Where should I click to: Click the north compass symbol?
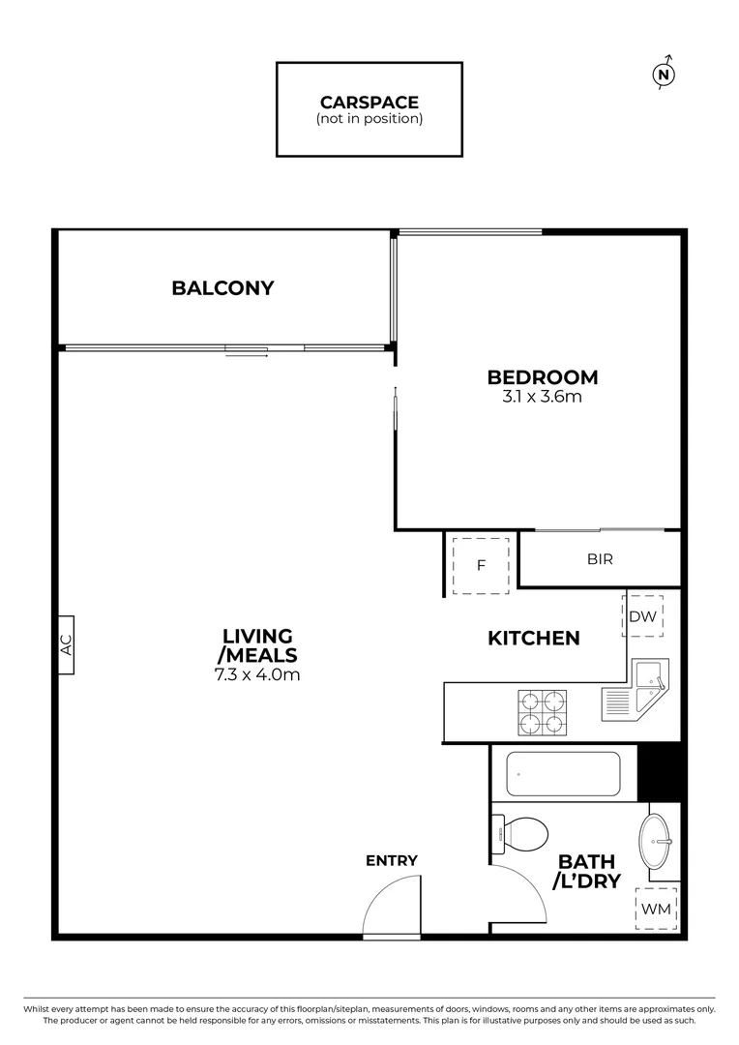pyautogui.click(x=664, y=75)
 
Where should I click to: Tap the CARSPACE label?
pyautogui.click(x=369, y=102)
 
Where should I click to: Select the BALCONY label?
pyautogui.click(x=222, y=287)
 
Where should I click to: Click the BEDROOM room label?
pyautogui.click(x=542, y=377)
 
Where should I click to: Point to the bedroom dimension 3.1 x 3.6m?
pyautogui.click(x=542, y=397)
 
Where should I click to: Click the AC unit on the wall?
pyautogui.click(x=66, y=645)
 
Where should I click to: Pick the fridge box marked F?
pyautogui.click(x=481, y=564)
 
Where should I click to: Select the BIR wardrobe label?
pyautogui.click(x=600, y=559)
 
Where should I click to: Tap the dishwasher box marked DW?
pyautogui.click(x=643, y=616)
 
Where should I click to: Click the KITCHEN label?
pyautogui.click(x=533, y=638)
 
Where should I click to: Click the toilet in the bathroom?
pyautogui.click(x=520, y=833)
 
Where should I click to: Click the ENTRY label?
pyautogui.click(x=392, y=860)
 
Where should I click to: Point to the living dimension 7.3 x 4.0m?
pyautogui.click(x=257, y=674)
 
